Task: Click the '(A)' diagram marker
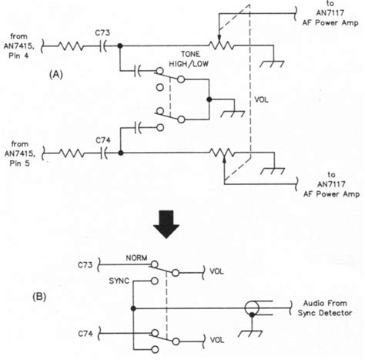tap(55, 74)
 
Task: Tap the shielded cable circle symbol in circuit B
tap(251, 308)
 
